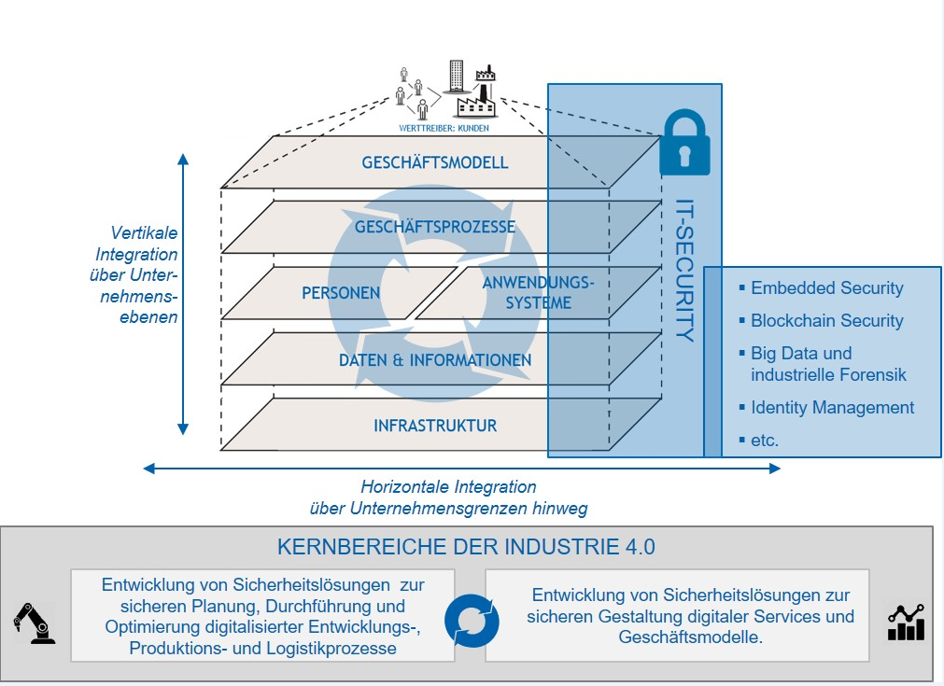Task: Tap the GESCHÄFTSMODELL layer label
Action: point(435,162)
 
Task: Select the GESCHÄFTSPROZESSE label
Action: point(435,227)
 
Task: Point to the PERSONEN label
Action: point(341,292)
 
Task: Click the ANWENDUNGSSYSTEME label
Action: point(538,292)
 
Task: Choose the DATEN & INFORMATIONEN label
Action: point(435,360)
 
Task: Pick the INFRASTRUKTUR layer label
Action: point(435,426)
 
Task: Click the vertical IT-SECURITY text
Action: point(684,271)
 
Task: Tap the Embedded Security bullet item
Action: point(826,288)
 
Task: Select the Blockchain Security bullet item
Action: point(826,321)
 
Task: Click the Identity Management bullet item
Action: point(832,408)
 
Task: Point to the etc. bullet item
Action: point(765,440)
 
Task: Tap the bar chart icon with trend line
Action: point(906,623)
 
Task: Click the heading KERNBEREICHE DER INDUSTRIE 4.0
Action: point(466,547)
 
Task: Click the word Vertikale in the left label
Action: point(145,232)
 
